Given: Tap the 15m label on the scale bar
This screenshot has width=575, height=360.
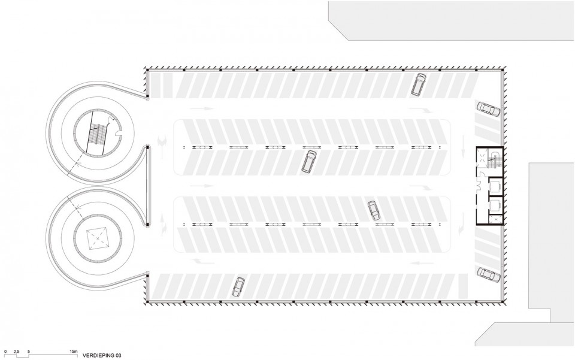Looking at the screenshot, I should click(73, 350).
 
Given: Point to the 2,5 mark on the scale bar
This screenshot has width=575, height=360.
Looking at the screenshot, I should click(17, 350).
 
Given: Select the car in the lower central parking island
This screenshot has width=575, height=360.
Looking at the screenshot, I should click(374, 210).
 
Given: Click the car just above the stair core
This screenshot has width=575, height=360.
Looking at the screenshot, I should click(488, 110).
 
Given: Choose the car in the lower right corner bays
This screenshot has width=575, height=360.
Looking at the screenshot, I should click(488, 273).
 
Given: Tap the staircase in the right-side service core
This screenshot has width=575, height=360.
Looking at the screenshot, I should click(494, 160).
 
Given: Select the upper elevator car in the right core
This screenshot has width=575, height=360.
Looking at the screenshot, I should click(495, 187).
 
